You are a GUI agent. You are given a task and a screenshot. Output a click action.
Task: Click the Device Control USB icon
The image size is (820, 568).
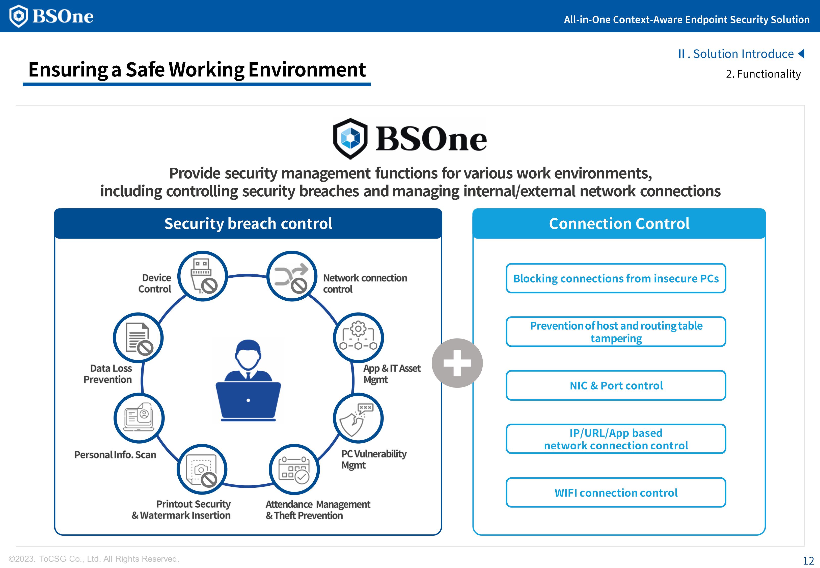tap(202, 276)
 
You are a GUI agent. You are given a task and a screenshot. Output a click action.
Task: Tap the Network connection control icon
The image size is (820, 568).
tap(292, 276)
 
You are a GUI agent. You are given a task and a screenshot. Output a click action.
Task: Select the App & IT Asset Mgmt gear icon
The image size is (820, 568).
tap(358, 337)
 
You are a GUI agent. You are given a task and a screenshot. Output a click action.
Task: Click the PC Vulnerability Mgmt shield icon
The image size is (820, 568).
tap(358, 418)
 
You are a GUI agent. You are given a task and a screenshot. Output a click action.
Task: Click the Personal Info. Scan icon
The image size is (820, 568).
tap(139, 418)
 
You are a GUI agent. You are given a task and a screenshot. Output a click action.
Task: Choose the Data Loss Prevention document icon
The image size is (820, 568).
tap(138, 337)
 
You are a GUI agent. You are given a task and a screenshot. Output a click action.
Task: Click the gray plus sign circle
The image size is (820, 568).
tap(457, 363)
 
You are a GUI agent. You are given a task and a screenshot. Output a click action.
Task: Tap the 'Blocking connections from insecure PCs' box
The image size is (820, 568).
tap(616, 278)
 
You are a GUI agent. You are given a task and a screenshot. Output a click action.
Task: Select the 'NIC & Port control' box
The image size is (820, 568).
tap(616, 385)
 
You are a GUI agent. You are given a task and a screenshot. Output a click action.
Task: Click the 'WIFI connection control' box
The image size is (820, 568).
tap(616, 493)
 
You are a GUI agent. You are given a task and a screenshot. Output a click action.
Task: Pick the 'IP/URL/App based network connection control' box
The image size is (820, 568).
tap(616, 439)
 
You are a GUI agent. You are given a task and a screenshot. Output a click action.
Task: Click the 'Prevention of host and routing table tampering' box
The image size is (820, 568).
tap(616, 332)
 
